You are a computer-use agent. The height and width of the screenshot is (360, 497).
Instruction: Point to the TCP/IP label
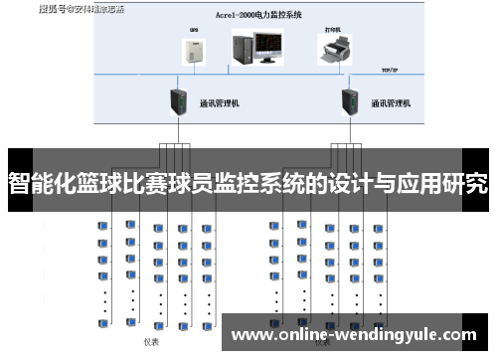(391, 72)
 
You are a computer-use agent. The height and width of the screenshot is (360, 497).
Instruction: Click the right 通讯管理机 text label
(392, 102)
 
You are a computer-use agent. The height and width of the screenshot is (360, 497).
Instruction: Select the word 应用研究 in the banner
(446, 184)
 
